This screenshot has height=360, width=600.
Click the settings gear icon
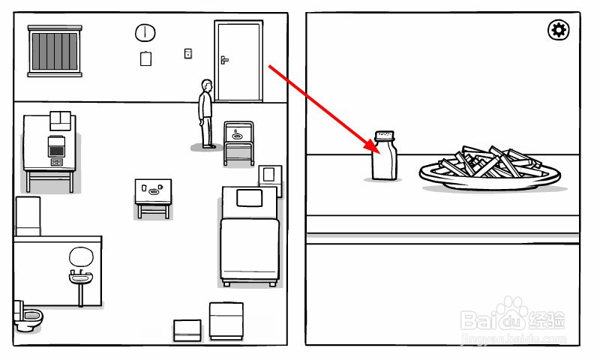coord(559,30)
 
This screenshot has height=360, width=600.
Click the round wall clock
coord(145,33)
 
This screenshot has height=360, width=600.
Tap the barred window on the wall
coord(55,50)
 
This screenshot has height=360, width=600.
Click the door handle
coord(223,58)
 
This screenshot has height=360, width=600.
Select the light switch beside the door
coord(187,53)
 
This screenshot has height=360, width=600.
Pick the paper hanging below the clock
coord(145,58)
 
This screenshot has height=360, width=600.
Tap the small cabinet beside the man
coord(238,142)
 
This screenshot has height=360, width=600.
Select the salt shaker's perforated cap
coord(385,136)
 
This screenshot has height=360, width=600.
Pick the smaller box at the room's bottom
coord(187,330)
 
